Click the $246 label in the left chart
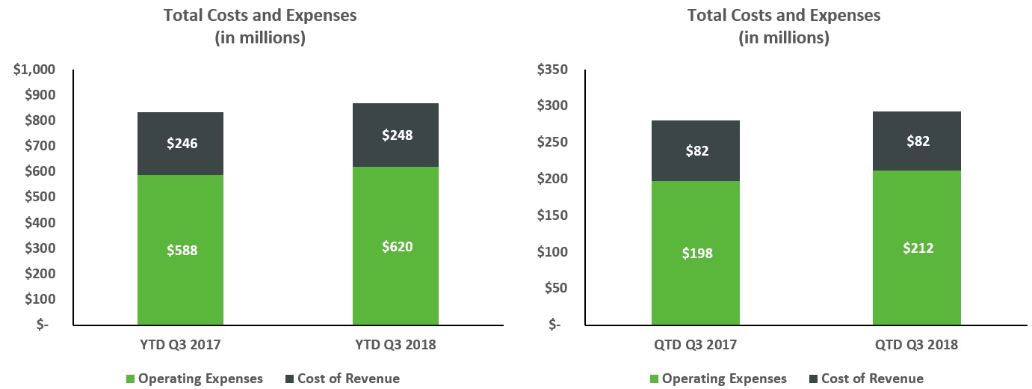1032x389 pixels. [182, 144]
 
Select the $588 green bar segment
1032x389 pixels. [181, 251]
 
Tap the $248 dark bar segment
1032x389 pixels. [395, 135]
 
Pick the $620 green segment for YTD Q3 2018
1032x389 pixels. [395, 245]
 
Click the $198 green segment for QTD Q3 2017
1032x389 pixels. [696, 253]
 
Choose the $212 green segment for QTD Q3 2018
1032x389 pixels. [916, 248]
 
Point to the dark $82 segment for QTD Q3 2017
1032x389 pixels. [696, 151]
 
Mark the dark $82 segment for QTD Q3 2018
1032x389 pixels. [916, 141]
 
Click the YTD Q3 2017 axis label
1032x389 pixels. [181, 345]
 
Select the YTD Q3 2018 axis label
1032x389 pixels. [395, 345]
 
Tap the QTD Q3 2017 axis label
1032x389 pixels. [696, 345]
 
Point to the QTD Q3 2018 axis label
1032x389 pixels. [916, 345]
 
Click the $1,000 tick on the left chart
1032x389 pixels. [34, 70]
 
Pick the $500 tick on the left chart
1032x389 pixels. [40, 197]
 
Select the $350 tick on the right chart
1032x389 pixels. [553, 70]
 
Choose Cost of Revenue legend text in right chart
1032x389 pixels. [872, 379]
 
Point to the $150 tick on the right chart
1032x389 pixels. [553, 215]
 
